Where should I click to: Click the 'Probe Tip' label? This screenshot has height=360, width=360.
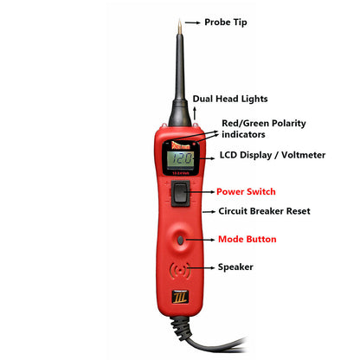click(224, 22)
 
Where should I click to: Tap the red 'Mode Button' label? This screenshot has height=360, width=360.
click(247, 239)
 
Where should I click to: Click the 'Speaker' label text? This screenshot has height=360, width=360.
click(235, 267)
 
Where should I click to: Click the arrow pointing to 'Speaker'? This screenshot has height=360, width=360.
click(204, 267)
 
